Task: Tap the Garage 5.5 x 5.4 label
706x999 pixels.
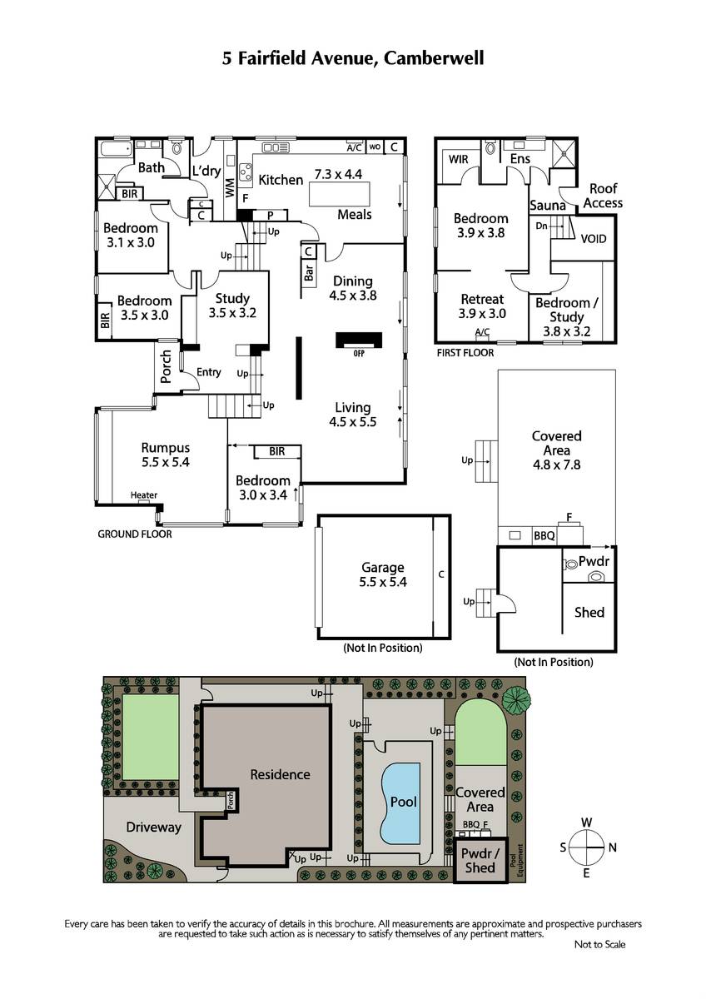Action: tap(383, 574)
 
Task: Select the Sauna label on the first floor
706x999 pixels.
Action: tap(547, 205)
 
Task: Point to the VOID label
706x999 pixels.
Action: tap(593, 239)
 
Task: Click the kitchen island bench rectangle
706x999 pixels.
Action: tap(340, 193)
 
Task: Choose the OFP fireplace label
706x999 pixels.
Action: tap(359, 353)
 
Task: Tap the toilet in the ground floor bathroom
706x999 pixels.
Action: tap(177, 147)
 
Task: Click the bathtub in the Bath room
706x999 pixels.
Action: tap(117, 148)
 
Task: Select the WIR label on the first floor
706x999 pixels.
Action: tap(458, 159)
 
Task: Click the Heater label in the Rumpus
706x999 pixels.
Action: tap(143, 495)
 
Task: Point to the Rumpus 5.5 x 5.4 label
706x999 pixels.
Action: tap(166, 455)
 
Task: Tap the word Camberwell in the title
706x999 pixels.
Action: tap(434, 58)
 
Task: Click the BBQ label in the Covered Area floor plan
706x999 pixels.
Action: tap(544, 535)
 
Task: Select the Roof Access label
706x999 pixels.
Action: tap(603, 196)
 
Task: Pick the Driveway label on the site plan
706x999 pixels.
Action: tap(153, 828)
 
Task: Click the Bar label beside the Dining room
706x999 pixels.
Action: tap(308, 272)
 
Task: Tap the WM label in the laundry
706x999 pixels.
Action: tap(229, 188)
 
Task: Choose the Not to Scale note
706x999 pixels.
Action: tap(600, 944)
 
